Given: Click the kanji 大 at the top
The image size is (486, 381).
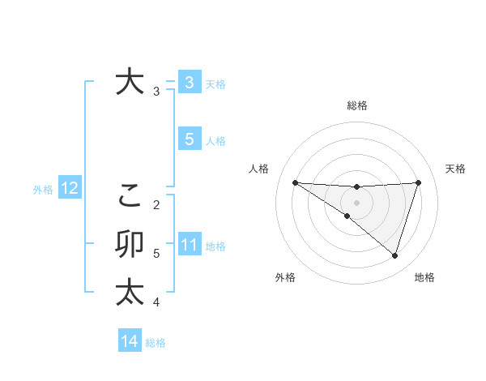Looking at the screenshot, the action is [130, 82].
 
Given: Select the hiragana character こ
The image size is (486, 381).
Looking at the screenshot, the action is [130, 195].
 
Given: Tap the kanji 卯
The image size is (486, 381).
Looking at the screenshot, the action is [130, 244].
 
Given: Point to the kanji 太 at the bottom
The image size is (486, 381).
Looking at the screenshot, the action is [130, 292].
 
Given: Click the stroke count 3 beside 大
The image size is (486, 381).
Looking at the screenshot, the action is [156, 92].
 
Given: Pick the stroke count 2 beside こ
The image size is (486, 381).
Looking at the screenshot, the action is [156, 204].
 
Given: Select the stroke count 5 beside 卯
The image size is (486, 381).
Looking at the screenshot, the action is [156, 254].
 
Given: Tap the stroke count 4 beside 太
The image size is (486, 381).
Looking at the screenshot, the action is [156, 302].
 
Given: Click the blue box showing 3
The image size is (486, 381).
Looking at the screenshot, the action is [189, 82].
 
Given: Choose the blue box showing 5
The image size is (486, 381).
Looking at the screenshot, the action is [189, 139].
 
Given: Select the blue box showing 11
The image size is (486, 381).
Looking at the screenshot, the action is [189, 245].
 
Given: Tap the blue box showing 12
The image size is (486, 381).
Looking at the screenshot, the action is [69, 189].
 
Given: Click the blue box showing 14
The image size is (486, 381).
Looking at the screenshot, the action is [130, 341].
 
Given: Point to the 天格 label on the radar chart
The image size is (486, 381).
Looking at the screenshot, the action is [456, 169].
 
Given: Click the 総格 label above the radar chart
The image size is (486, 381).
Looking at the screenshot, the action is [356, 105].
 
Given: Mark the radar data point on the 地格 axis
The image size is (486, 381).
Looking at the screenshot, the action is [394, 255].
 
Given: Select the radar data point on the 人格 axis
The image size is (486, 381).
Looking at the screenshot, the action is [295, 182].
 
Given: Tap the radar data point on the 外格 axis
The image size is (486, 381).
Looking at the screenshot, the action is [347, 216].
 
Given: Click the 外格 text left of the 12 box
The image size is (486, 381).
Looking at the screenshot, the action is [43, 190].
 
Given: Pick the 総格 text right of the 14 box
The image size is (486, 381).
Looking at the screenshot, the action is [156, 342].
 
